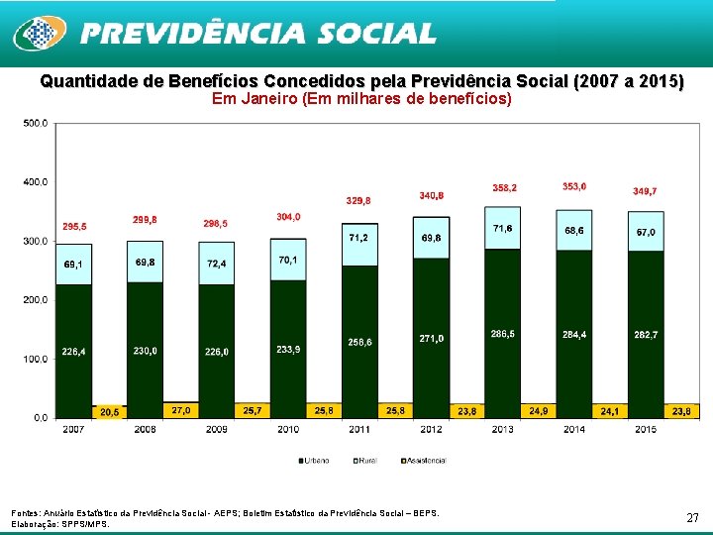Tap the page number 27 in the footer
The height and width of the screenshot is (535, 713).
pos(692,517)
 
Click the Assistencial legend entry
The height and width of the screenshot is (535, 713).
pos(424,460)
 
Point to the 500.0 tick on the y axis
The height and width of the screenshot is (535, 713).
pos(35,123)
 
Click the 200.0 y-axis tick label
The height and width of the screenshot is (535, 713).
pos(35,300)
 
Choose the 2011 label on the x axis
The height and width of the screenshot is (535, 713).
pos(359,429)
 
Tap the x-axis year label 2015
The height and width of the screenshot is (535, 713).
pos(646,429)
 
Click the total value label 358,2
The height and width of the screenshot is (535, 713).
pos(505,187)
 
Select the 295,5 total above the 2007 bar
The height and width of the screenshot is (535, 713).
pos(75,227)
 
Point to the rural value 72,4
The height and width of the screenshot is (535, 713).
pos(216,264)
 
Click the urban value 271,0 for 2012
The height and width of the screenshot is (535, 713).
pos(431,338)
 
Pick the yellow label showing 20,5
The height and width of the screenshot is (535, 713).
pos(109,411)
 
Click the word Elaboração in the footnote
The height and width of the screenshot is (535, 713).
pos(34,524)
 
